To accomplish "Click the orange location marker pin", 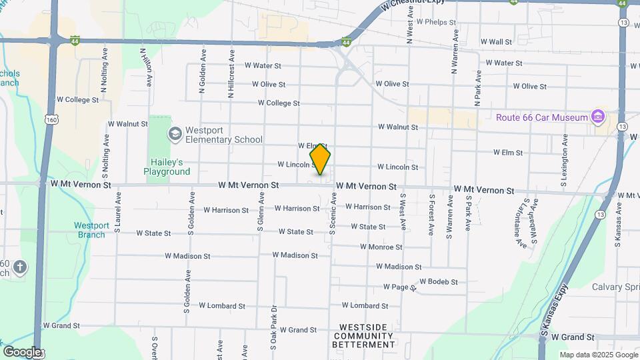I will (320, 159).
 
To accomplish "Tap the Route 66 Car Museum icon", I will (597, 118).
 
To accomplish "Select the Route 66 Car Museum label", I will (541, 118).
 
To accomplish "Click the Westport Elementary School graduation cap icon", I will (175, 134).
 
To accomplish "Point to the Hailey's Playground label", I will (167, 167).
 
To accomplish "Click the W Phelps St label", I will (435, 21).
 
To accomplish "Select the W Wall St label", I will (500, 41).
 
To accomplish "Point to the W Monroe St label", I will (381, 247).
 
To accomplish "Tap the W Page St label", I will (399, 287).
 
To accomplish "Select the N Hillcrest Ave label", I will (231, 73).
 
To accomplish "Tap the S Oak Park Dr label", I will (273, 328).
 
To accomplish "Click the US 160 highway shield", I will (51, 119).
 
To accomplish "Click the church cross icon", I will (20, 267).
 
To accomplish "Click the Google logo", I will (22, 351).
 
